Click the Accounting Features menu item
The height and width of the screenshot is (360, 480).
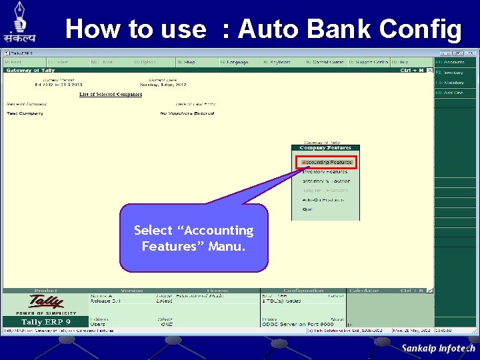[327, 162]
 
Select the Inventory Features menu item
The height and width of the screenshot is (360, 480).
[325, 171]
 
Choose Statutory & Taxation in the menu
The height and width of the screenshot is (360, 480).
[325, 181]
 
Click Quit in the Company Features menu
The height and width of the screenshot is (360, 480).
[307, 209]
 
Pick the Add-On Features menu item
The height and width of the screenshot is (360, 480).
[323, 199]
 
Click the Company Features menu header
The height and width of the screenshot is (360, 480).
[325, 147]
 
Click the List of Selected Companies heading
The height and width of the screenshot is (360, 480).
[111, 95]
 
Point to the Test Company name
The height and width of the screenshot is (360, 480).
[25, 113]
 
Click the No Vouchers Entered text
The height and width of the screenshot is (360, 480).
[187, 113]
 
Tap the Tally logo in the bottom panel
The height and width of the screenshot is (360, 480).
[45, 304]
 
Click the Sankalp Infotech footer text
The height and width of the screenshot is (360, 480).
[438, 348]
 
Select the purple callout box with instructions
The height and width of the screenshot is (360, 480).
[194, 238]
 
